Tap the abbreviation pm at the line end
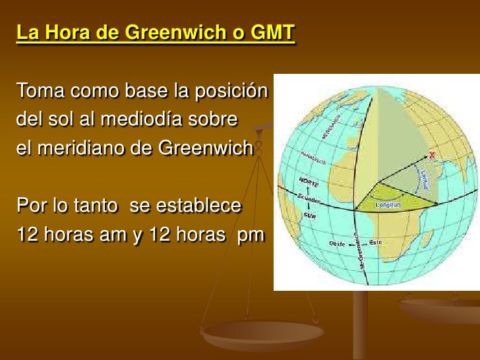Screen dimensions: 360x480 tap(251, 235)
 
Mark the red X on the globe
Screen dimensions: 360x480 tap(433, 156)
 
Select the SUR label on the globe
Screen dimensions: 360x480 tap(310, 215)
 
